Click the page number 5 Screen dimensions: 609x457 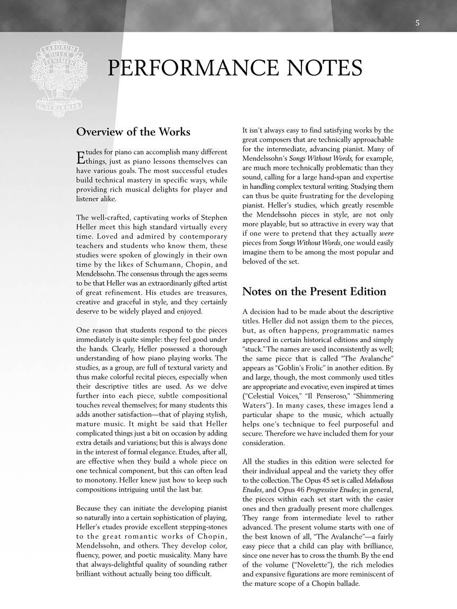tap(417, 23)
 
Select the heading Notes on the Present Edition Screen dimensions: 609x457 tap(314, 291)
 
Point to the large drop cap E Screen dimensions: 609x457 tap(80, 157)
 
